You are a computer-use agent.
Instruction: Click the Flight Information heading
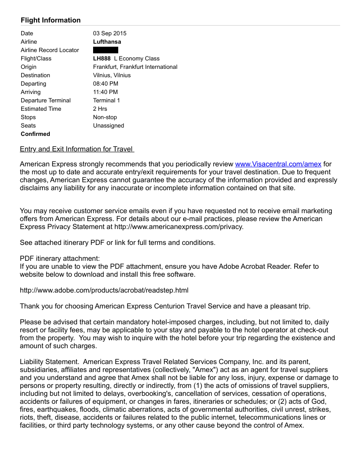[51, 20]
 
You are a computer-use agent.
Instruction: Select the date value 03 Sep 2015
[109, 33]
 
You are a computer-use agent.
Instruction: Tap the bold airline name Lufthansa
[107, 41]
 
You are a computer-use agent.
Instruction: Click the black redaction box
[105, 50]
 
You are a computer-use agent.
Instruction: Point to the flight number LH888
[102, 58]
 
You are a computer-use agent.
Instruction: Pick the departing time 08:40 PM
[105, 83]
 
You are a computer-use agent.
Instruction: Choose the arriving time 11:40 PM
[105, 92]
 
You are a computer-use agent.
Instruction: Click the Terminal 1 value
[106, 100]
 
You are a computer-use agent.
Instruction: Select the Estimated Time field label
[41, 109]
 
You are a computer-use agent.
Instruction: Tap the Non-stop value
[105, 117]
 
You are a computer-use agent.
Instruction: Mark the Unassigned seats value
[109, 125]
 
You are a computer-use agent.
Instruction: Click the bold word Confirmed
[35, 134]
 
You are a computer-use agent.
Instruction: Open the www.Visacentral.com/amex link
[278, 164]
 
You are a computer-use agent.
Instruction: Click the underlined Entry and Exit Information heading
[77, 149]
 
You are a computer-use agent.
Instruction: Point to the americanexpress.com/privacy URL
[179, 227]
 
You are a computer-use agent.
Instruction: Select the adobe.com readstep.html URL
[104, 290]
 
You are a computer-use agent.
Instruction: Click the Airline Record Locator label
[50, 50]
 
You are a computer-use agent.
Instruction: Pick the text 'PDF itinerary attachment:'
[60, 258]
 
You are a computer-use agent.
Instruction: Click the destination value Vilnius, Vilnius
[112, 75]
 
